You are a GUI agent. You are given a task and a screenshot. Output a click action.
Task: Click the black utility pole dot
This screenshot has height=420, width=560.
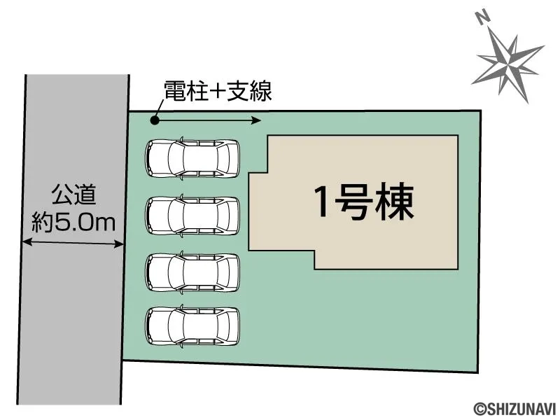click(155, 120)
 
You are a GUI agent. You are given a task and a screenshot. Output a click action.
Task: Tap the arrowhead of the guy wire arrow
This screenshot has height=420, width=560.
click(256, 120)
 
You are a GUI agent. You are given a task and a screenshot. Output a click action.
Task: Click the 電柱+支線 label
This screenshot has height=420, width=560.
click(218, 92)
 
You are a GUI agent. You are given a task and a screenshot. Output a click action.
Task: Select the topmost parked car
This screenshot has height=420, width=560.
click(192, 158)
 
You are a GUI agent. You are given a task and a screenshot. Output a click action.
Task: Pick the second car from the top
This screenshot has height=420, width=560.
click(192, 216)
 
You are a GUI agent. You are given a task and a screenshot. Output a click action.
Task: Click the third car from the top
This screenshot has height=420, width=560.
click(192, 272)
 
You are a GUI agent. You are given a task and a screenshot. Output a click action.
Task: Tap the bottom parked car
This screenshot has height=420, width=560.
click(192, 325)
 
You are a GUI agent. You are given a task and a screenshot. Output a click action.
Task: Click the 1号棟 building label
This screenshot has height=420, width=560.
click(364, 201)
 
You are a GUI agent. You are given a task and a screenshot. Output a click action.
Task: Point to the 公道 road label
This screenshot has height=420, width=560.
click(74, 195)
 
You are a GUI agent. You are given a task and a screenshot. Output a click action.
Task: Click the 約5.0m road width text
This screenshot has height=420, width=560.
click(73, 222)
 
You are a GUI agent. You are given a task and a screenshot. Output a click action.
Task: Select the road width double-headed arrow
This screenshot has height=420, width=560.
click(73, 243)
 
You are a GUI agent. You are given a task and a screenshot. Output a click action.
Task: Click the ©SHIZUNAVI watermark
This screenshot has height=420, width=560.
click(515, 409)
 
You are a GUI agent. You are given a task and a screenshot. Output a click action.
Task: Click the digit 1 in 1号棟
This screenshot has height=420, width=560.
click(322, 202)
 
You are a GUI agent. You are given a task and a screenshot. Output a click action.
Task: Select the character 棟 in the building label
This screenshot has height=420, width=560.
click(395, 201)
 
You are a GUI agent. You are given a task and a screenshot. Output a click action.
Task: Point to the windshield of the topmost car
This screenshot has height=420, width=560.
click(176, 158)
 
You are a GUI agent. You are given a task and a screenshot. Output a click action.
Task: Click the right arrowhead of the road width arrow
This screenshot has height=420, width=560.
click(119, 244)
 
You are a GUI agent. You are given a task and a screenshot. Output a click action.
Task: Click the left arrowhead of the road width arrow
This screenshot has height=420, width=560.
click(27, 242)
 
